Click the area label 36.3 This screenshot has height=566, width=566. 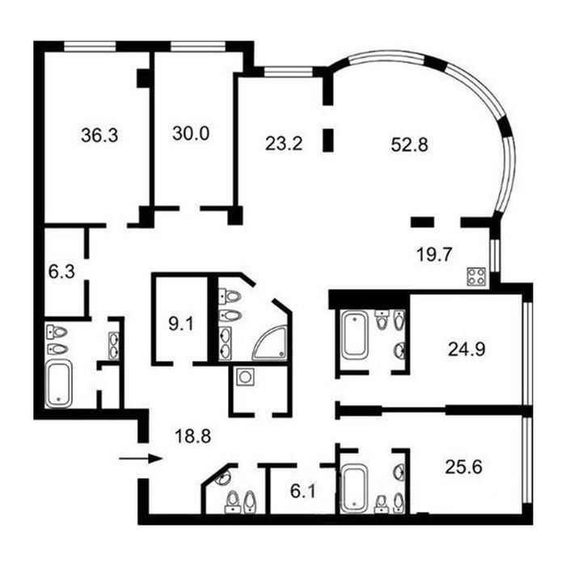click(99, 136)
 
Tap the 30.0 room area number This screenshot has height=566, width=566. click(191, 133)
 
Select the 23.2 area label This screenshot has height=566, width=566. click(284, 143)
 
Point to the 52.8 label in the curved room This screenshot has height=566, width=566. click(410, 145)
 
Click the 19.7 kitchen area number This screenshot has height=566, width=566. click(434, 255)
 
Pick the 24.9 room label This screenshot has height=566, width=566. click(467, 349)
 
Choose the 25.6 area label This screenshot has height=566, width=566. click(464, 467)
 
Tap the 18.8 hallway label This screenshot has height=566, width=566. click(192, 436)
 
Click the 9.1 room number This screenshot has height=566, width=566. click(181, 324)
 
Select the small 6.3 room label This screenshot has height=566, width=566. click(61, 272)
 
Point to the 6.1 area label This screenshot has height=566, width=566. click(303, 492)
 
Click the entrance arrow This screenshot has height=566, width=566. click(140, 458)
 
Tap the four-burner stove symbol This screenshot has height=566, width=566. click(476, 277)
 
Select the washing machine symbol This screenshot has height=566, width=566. click(246, 377)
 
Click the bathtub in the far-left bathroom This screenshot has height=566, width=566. click(58, 384)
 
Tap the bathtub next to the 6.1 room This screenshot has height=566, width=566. click(354, 489)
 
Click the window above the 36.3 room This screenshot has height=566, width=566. click(91, 47)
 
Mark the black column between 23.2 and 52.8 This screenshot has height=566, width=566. click(328, 141)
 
